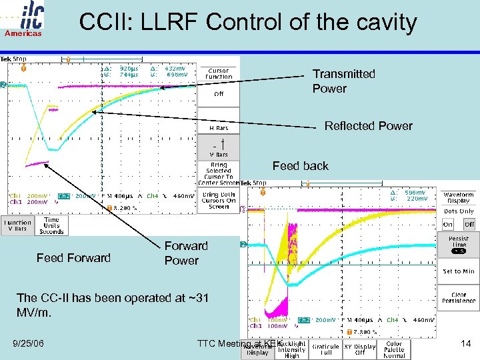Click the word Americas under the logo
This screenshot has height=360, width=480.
pos(24,33)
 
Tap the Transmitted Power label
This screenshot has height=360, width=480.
pos(343,81)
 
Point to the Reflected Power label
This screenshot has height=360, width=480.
pos(368,126)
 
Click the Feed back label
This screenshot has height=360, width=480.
pos(300,166)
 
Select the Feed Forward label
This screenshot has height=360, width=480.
pos(73,258)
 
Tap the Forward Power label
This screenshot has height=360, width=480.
pos(186,253)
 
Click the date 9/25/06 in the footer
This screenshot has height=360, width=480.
pos(28,343)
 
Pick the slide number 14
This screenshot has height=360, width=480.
pos(467,343)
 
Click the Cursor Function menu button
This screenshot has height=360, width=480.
pos(218,73)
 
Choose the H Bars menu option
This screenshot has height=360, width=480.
pos(218,127)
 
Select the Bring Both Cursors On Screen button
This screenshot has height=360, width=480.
pos(218,200)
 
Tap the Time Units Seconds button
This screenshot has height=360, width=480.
pos(51,225)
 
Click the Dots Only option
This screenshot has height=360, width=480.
pos(458,211)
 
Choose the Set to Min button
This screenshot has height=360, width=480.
pos(458,271)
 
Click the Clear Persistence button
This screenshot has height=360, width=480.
pos(458,297)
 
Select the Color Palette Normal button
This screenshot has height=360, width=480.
pos(393,350)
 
